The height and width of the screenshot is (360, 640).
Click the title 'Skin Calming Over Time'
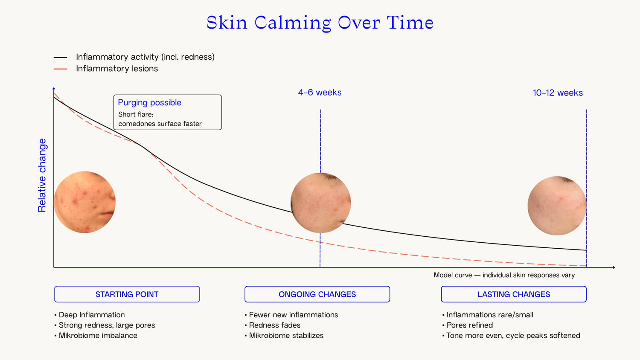click(320, 23)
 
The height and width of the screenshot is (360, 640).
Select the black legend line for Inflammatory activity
click(60, 58)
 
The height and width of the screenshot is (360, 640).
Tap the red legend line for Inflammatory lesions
click(60, 69)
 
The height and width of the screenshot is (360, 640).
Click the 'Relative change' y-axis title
click(42, 175)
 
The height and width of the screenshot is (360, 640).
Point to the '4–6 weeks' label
click(320, 93)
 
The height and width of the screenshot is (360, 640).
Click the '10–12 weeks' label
click(558, 93)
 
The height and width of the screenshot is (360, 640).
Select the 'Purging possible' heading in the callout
click(149, 102)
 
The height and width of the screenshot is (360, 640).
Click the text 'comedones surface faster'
click(160, 124)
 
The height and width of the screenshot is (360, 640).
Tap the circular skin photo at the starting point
click(85, 202)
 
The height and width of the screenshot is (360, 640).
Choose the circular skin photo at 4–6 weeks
click(321, 203)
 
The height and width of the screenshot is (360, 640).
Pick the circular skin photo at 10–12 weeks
click(557, 206)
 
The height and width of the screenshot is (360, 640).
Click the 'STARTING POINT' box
click(127, 294)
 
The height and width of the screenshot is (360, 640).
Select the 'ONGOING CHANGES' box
click(317, 294)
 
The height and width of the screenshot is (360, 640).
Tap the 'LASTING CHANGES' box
click(514, 294)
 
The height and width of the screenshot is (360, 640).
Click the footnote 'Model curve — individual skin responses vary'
click(504, 275)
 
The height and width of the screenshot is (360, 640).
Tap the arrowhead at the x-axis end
click(614, 267)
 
